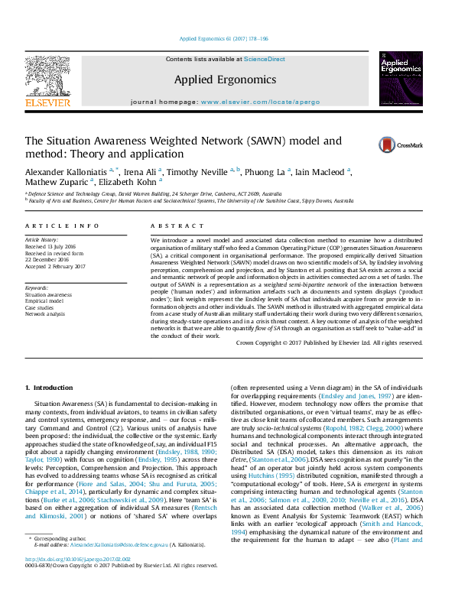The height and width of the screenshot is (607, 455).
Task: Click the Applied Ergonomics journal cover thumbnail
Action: pyautogui.click(x=401, y=78)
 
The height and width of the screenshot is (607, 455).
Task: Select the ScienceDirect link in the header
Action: pyautogui.click(x=265, y=59)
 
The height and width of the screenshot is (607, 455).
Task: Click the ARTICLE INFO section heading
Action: pyautogui.click(x=63, y=226)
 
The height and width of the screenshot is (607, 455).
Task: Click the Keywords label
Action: pyautogui.click(x=39, y=287)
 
